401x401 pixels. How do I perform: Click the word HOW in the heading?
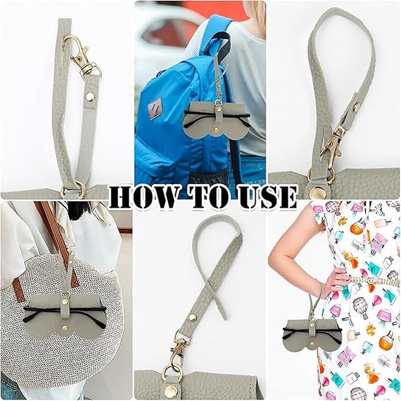(x=142, y=197)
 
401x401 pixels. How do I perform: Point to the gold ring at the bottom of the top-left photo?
(x=73, y=189)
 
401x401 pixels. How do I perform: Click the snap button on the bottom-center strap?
(x=193, y=318)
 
